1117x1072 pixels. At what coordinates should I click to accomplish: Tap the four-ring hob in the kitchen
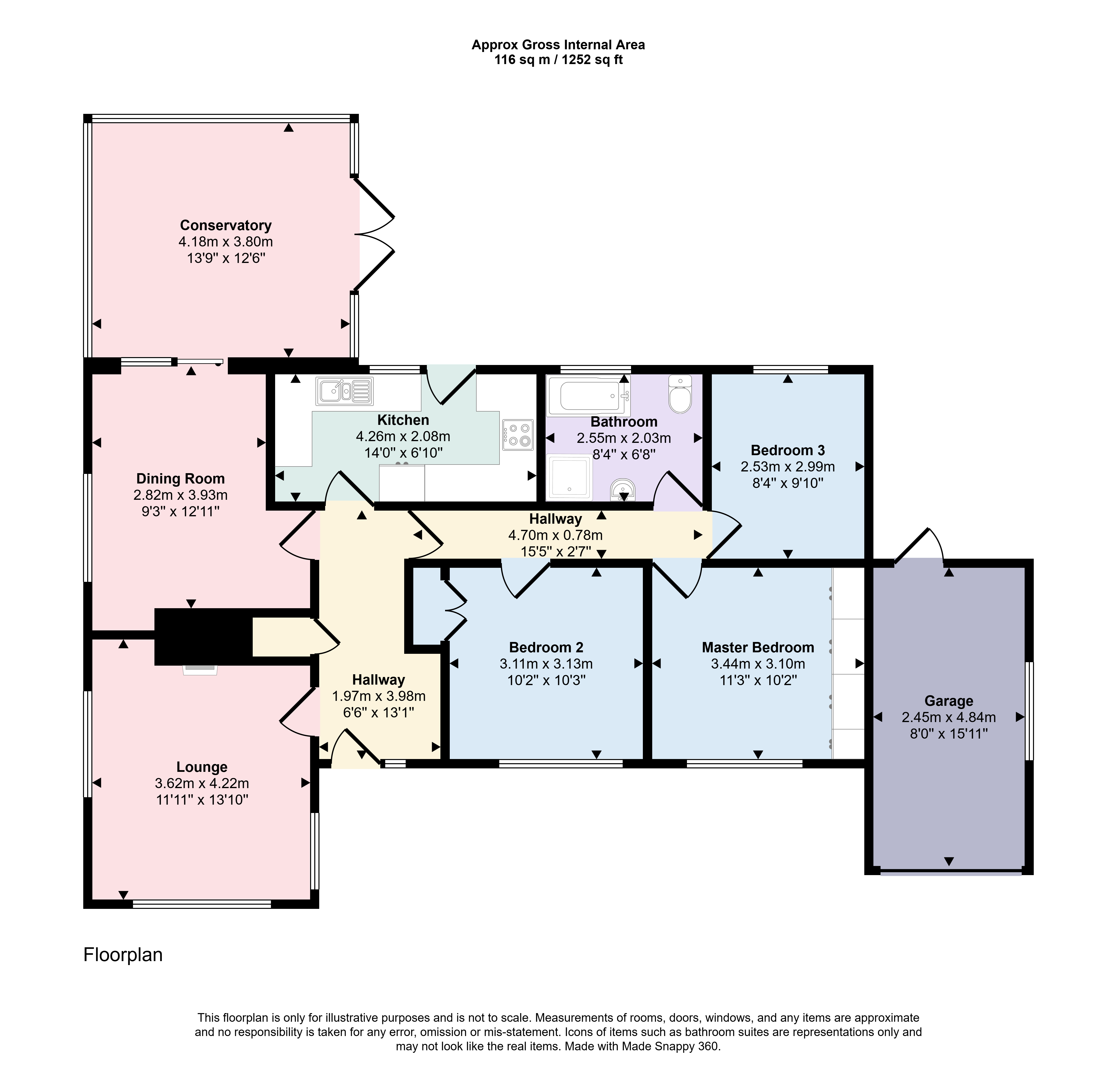(x=518, y=435)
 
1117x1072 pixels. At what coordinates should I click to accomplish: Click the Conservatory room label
(x=226, y=225)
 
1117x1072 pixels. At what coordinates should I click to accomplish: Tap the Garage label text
(x=949, y=701)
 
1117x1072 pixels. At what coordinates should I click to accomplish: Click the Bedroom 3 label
(x=788, y=450)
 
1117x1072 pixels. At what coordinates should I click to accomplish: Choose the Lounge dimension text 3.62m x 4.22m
(x=202, y=783)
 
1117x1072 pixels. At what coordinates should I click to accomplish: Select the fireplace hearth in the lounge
(x=200, y=670)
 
